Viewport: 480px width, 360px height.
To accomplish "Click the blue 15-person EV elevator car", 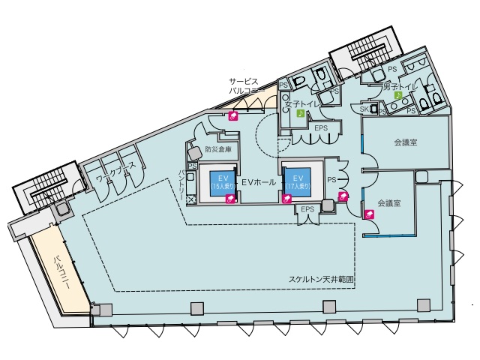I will point(217,184).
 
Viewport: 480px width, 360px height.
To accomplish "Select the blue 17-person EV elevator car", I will point(301,181).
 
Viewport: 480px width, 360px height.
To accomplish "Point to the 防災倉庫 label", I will point(217,149).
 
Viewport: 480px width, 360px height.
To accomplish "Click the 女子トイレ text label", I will point(298,103).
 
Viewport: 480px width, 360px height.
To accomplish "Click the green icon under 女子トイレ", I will point(299,114).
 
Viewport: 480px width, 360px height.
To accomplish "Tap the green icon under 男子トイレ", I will point(398,96).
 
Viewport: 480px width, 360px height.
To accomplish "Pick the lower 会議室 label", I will point(389,203).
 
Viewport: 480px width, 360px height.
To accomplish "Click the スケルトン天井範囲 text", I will point(322,279).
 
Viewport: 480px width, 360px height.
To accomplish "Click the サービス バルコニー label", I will point(245,85).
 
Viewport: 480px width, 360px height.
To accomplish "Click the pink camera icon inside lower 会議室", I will point(369,214).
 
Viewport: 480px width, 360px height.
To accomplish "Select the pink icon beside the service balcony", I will point(233,115).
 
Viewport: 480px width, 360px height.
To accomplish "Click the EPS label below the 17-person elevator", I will point(307,208).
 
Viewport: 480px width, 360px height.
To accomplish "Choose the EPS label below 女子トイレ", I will point(321,128).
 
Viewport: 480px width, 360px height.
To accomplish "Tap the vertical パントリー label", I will point(181,184).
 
